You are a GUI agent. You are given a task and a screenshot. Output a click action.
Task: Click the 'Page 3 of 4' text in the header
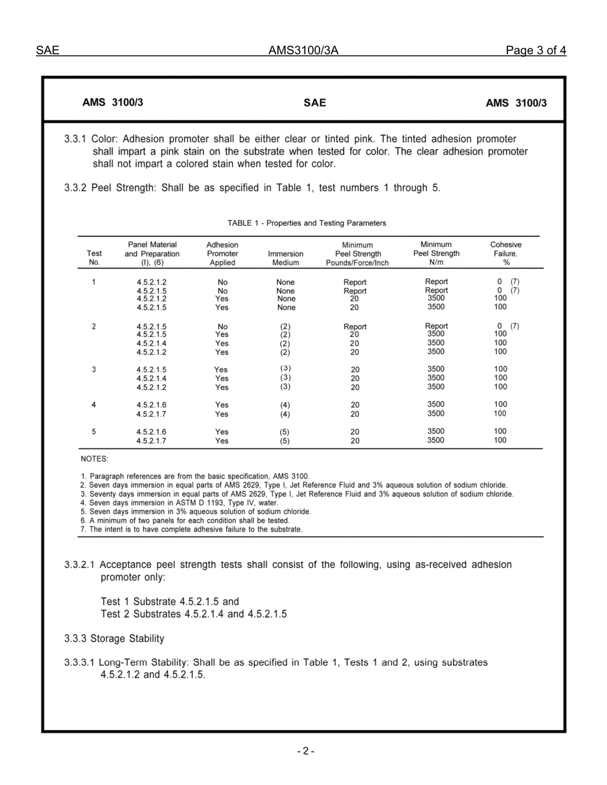(x=535, y=51)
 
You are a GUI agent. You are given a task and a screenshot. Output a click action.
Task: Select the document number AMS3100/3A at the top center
(x=303, y=51)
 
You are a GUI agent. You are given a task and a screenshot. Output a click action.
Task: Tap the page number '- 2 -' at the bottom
(x=305, y=751)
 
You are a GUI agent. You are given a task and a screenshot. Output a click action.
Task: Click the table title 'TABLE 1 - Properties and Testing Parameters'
(x=307, y=223)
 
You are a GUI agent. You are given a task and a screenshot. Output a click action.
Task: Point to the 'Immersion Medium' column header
(x=286, y=258)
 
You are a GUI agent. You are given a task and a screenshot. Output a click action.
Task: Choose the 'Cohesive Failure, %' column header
(x=505, y=253)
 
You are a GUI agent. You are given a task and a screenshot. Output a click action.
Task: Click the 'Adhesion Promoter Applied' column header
(x=222, y=253)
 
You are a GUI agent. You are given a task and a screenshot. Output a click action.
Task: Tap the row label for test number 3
(x=94, y=370)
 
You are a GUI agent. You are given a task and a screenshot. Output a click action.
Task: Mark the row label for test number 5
(x=94, y=432)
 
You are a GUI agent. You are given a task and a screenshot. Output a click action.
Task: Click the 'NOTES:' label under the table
(x=95, y=459)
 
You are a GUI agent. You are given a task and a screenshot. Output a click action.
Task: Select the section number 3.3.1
(x=76, y=139)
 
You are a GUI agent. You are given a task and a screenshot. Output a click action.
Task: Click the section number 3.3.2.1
(x=81, y=565)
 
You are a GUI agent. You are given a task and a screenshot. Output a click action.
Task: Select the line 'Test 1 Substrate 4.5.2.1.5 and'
(x=170, y=601)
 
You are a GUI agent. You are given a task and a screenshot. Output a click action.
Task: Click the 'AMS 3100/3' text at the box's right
(x=516, y=103)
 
